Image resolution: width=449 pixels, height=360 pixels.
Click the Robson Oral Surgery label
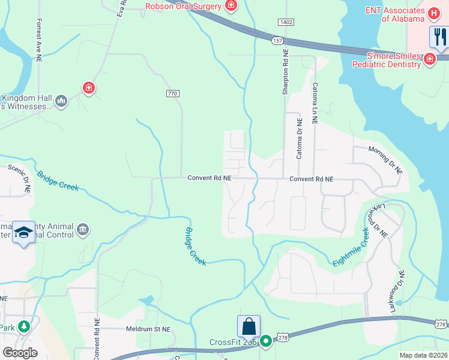(x=184, y=6)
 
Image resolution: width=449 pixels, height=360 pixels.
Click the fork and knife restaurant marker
(x=439, y=37)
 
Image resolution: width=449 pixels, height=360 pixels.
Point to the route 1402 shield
(x=286, y=22)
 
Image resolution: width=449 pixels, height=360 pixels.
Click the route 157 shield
(x=277, y=40)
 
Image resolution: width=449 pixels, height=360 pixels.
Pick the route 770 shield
(x=173, y=94)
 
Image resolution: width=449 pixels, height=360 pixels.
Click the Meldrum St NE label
(x=148, y=329)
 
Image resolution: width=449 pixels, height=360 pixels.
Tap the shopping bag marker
(x=249, y=327)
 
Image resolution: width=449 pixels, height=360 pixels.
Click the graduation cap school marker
(x=23, y=233)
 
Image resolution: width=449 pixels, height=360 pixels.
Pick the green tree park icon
(x=23, y=327)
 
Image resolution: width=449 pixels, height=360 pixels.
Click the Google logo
(x=20, y=353)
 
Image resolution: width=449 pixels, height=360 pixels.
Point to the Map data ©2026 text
(x=423, y=355)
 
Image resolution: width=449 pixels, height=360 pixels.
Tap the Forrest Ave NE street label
(x=39, y=38)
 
